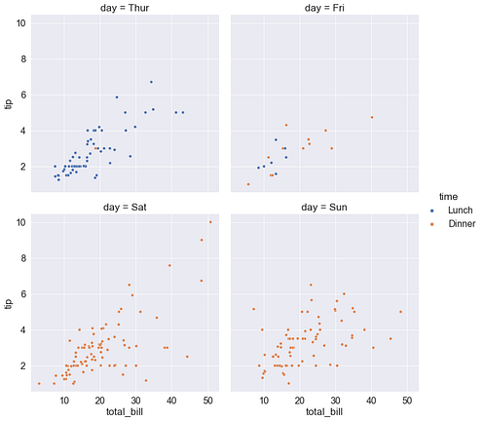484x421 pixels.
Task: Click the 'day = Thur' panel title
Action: (x=126, y=8)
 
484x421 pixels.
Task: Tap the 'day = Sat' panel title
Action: (x=126, y=207)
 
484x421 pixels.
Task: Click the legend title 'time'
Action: (x=448, y=196)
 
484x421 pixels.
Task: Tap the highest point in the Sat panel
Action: (x=210, y=222)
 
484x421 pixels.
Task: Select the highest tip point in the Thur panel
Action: (x=151, y=82)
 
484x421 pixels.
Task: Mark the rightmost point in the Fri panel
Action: (x=371, y=118)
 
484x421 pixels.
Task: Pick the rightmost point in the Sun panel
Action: (x=400, y=312)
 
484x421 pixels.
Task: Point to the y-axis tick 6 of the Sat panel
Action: (x=21, y=294)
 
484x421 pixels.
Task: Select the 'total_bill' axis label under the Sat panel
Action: (x=126, y=412)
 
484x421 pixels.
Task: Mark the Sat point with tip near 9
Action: (x=202, y=240)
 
